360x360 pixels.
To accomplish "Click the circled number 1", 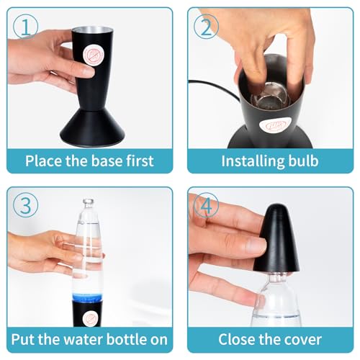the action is (26, 27).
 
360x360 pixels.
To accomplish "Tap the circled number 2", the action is (206, 27).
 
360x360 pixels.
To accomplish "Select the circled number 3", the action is (26, 205).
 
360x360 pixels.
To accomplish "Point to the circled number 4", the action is (206, 205).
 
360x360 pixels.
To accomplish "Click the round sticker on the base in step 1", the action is (93, 55).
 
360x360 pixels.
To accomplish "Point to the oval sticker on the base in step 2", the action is (275, 125).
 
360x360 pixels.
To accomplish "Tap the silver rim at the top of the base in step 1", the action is (93, 31).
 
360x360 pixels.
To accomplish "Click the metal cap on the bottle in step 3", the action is (89, 202).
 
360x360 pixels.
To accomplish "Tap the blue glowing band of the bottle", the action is (87, 297).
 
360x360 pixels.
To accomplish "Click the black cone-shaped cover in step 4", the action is (276, 239).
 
